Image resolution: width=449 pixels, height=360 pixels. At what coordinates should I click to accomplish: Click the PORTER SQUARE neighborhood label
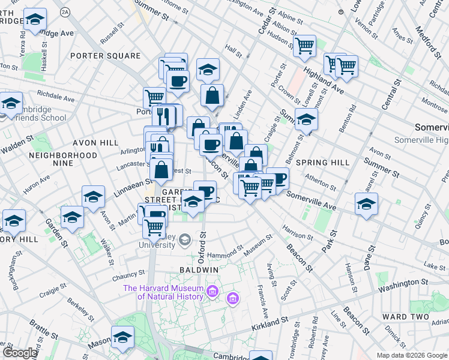(105, 56)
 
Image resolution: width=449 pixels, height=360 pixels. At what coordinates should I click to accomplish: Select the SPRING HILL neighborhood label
(322, 163)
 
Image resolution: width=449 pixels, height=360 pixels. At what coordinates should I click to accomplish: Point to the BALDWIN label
(197, 271)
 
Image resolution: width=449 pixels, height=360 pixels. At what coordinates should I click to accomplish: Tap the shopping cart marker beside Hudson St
(304, 46)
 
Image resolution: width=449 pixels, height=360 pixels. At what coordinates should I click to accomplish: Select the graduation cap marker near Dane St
(366, 205)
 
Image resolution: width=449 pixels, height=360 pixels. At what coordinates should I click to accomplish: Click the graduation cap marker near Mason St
(122, 338)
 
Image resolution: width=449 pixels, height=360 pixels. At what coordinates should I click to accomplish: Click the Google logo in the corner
(20, 353)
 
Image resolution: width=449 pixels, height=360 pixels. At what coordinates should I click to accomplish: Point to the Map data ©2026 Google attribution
(411, 355)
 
